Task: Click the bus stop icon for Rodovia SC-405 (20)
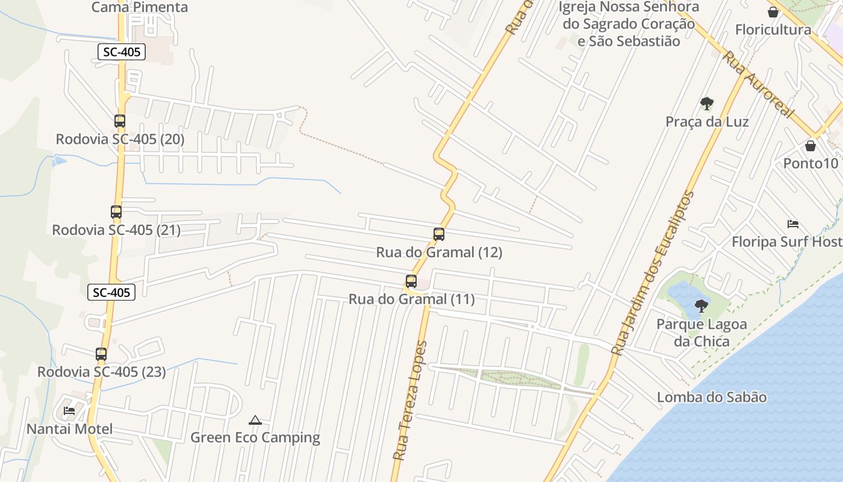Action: tap(120, 121)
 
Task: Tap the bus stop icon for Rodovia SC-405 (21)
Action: tap(116, 212)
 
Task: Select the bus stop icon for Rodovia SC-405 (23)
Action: tap(101, 354)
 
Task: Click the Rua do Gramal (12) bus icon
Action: tap(439, 234)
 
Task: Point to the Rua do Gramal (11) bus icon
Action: tap(411, 281)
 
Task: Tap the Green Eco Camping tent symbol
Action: tap(255, 420)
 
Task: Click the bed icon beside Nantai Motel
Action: tap(69, 411)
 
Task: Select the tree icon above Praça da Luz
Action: tap(707, 104)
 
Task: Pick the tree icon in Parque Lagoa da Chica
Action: tap(701, 306)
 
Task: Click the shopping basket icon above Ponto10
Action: tap(810, 146)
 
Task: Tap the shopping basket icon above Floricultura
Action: tap(773, 12)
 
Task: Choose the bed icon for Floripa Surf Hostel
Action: tap(793, 224)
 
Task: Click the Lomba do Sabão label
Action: tap(712, 398)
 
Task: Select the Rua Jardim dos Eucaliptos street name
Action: tap(653, 273)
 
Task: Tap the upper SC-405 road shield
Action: tap(122, 52)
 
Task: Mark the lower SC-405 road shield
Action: tap(111, 293)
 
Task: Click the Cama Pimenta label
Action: tap(140, 7)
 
